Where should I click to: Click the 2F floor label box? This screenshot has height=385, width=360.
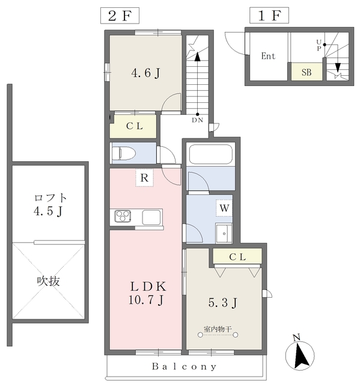[x=120, y=16]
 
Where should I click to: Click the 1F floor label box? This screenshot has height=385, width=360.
[x=269, y=16]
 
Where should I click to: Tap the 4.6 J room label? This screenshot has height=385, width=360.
[x=145, y=73]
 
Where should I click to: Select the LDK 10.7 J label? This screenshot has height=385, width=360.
[x=148, y=293]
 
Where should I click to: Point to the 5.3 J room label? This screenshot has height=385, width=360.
[x=222, y=303]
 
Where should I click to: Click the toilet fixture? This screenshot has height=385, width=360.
[x=124, y=153]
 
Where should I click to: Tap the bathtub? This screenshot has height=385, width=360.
[x=211, y=154]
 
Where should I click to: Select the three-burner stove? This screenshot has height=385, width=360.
[x=123, y=217]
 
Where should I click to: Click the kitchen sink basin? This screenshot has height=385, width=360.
[x=151, y=217]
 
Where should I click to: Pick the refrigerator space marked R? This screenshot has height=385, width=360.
[x=144, y=177]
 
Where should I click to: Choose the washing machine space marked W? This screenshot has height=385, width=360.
[x=224, y=208]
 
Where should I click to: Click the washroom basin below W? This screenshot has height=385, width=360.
[x=224, y=233]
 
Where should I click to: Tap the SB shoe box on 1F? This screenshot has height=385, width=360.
[x=307, y=72]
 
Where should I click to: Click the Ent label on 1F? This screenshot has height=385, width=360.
[x=268, y=56]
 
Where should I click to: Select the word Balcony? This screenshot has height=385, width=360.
[x=184, y=366]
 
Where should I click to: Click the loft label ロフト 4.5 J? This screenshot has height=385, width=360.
[x=50, y=205]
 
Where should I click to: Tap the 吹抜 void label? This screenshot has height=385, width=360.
[x=48, y=281]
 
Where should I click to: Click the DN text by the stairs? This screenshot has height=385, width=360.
[x=197, y=120]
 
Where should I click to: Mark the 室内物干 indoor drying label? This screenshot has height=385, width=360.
[x=218, y=329]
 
